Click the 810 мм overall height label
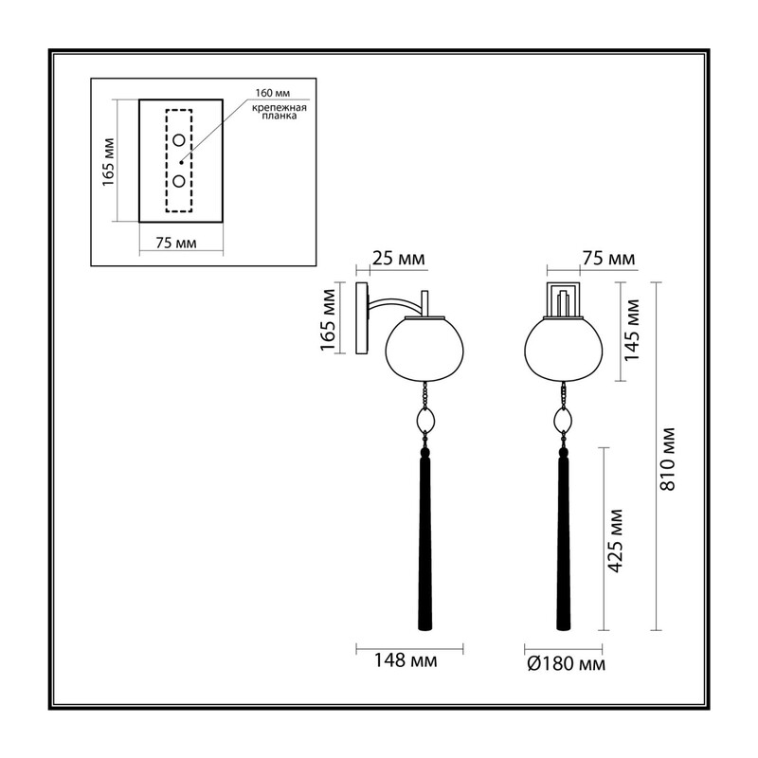668,459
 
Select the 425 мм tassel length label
614,540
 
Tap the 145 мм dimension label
631,330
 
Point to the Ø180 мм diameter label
566,664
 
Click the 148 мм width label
406,660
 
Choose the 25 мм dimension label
399,259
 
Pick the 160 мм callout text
273,93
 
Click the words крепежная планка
280,112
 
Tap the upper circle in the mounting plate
179,140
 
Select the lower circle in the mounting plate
179,181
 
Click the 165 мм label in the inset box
108,162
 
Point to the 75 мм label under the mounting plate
176,243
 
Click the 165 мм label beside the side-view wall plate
328,319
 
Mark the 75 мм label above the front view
608,259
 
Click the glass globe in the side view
424,349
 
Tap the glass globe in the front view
563,349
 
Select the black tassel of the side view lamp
424,539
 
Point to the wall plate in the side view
362,318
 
